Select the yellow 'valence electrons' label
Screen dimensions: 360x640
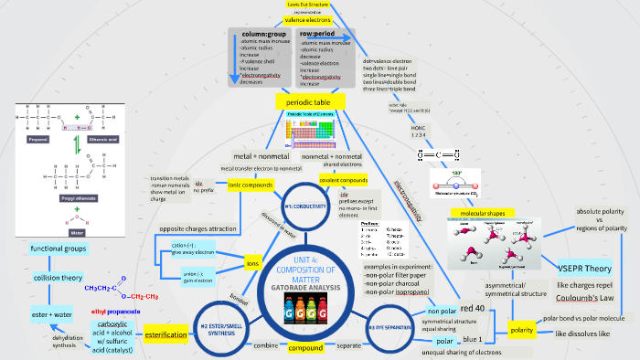tap(308, 19)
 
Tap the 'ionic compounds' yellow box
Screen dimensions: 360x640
tap(251, 185)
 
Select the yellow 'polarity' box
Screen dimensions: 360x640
tap(522, 329)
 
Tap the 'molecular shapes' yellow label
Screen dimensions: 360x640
tap(483, 213)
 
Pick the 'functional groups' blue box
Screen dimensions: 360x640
tap(59, 249)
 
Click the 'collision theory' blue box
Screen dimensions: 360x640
tap(59, 277)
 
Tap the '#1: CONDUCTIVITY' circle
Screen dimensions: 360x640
tap(306, 206)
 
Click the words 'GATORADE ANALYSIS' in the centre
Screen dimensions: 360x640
tap(306, 288)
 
